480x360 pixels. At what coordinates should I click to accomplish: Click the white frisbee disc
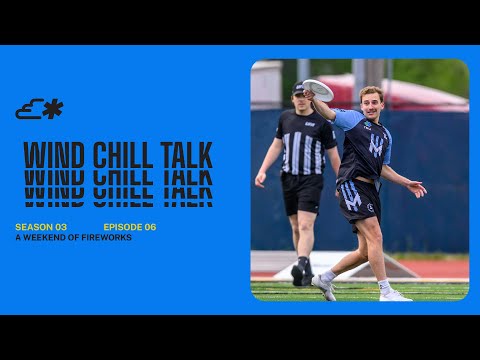pos(317,89)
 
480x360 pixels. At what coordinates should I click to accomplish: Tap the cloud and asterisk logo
pos(39,109)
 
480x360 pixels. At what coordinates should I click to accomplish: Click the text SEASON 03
pos(41,227)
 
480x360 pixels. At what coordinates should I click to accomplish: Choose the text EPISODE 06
pos(130,227)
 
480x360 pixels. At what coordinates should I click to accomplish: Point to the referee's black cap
pos(298,89)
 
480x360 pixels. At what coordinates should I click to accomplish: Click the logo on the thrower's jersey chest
pos(376,146)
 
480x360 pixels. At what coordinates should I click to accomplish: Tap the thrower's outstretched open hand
pos(416,188)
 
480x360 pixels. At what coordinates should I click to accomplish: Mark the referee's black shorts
pos(301,193)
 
